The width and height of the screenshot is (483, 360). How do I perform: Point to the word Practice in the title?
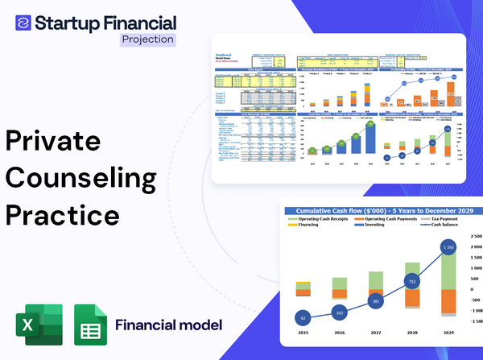[62, 216]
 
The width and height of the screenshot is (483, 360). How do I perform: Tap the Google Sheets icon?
[90, 325]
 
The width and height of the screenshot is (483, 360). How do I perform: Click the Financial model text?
[168, 326]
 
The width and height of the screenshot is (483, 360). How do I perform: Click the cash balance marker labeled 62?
[302, 317]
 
